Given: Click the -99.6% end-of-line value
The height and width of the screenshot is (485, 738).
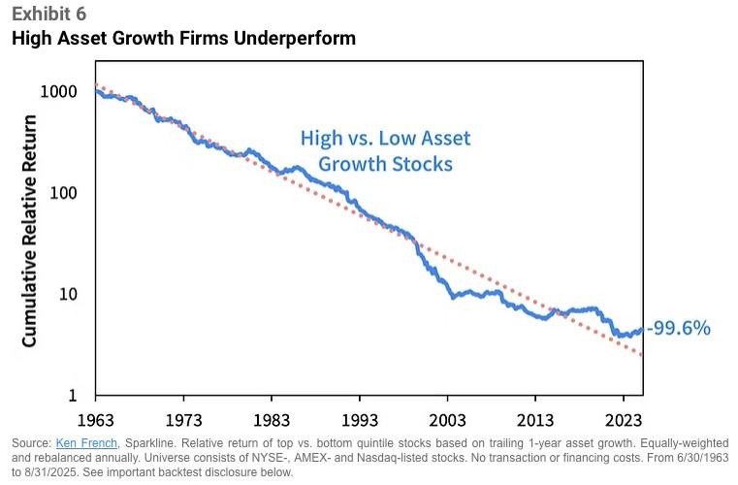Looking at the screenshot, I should pyautogui.click(x=679, y=329).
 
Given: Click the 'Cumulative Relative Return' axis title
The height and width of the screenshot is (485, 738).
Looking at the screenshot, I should pyautogui.click(x=30, y=230).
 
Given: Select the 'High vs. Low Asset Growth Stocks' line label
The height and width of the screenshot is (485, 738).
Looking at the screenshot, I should pyautogui.click(x=377, y=150).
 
